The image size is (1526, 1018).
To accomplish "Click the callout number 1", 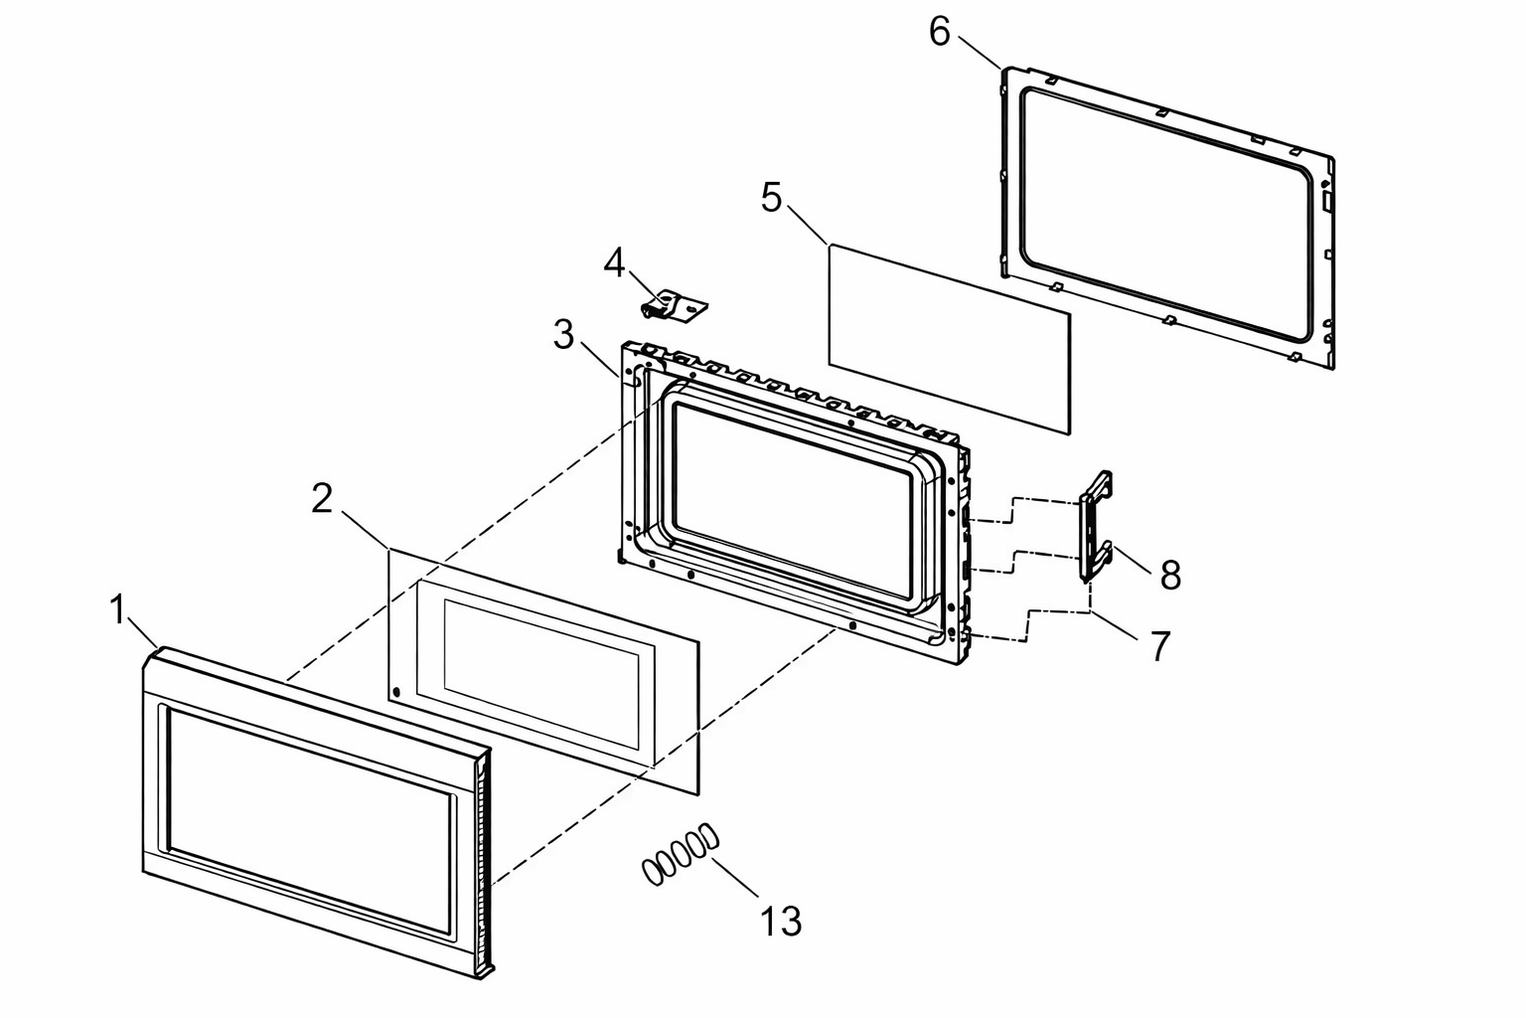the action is pos(118,609).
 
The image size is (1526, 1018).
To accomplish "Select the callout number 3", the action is pos(563,334).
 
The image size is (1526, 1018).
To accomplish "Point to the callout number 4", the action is pos(615,262).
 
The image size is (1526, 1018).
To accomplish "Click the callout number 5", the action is pos(771,198).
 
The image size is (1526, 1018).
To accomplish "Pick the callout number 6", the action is pos(940,31).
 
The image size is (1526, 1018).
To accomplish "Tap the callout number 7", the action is pos(1160,646).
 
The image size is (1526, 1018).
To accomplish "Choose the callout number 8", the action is pos(1170,575).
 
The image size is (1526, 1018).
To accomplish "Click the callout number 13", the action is pos(781,922).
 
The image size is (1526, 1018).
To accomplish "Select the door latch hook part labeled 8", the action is pos(1096,526).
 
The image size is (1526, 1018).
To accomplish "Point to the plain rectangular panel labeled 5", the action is pos(949,340).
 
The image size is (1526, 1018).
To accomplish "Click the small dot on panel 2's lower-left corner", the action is pos(396,692).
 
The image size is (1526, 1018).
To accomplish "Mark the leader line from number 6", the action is pos(980,52).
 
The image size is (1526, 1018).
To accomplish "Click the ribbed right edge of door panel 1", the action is pos(485,867).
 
